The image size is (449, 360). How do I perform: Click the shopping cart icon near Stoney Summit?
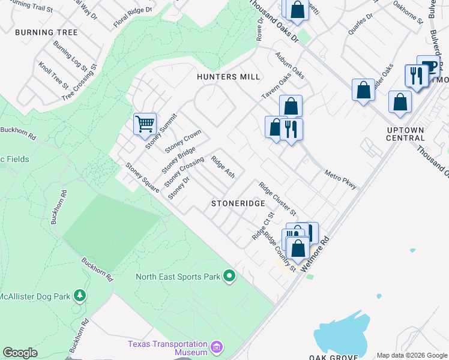145,124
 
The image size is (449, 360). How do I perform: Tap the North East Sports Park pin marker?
229,277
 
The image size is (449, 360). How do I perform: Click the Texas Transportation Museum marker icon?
217,347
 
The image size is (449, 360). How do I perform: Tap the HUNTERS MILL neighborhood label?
229,77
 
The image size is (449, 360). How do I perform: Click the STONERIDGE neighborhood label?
238,204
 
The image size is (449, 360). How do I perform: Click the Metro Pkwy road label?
340,178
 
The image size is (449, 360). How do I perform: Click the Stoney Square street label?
142,177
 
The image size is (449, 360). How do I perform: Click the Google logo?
20,353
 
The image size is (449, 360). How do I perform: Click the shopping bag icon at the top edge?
297,9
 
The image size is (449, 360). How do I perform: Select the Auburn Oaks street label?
290,65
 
